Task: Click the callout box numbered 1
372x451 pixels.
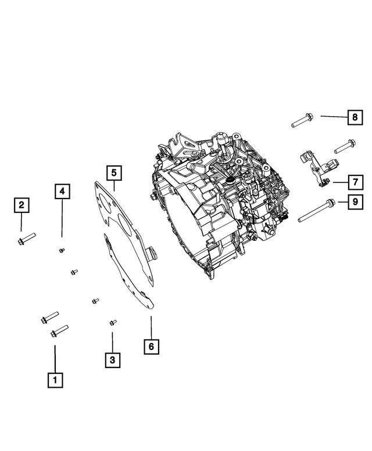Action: [x=55, y=380]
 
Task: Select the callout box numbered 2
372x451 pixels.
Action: [x=22, y=205]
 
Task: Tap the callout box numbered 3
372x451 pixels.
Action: [x=113, y=360]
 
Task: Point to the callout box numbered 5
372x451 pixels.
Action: [x=114, y=172]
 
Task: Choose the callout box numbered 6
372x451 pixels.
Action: [x=151, y=347]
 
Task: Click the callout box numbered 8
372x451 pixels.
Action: [x=353, y=118]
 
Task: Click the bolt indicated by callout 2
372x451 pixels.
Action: [x=27, y=239]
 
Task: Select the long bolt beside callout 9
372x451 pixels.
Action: [x=317, y=211]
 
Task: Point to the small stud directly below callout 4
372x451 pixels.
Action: [x=62, y=250]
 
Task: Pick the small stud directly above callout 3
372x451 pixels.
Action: [x=113, y=322]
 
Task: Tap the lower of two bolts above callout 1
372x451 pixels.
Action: [x=59, y=331]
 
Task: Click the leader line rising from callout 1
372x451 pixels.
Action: [x=55, y=358]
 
